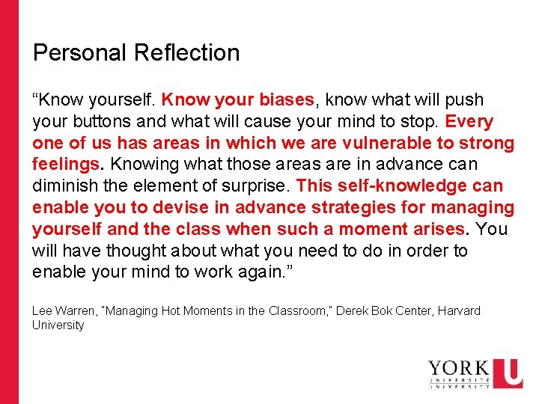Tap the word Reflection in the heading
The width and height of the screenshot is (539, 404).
187,53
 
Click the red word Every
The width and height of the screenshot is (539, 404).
469,121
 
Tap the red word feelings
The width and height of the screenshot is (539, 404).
66,164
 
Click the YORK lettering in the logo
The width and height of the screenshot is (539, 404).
458,370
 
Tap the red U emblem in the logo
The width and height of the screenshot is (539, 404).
508,373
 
